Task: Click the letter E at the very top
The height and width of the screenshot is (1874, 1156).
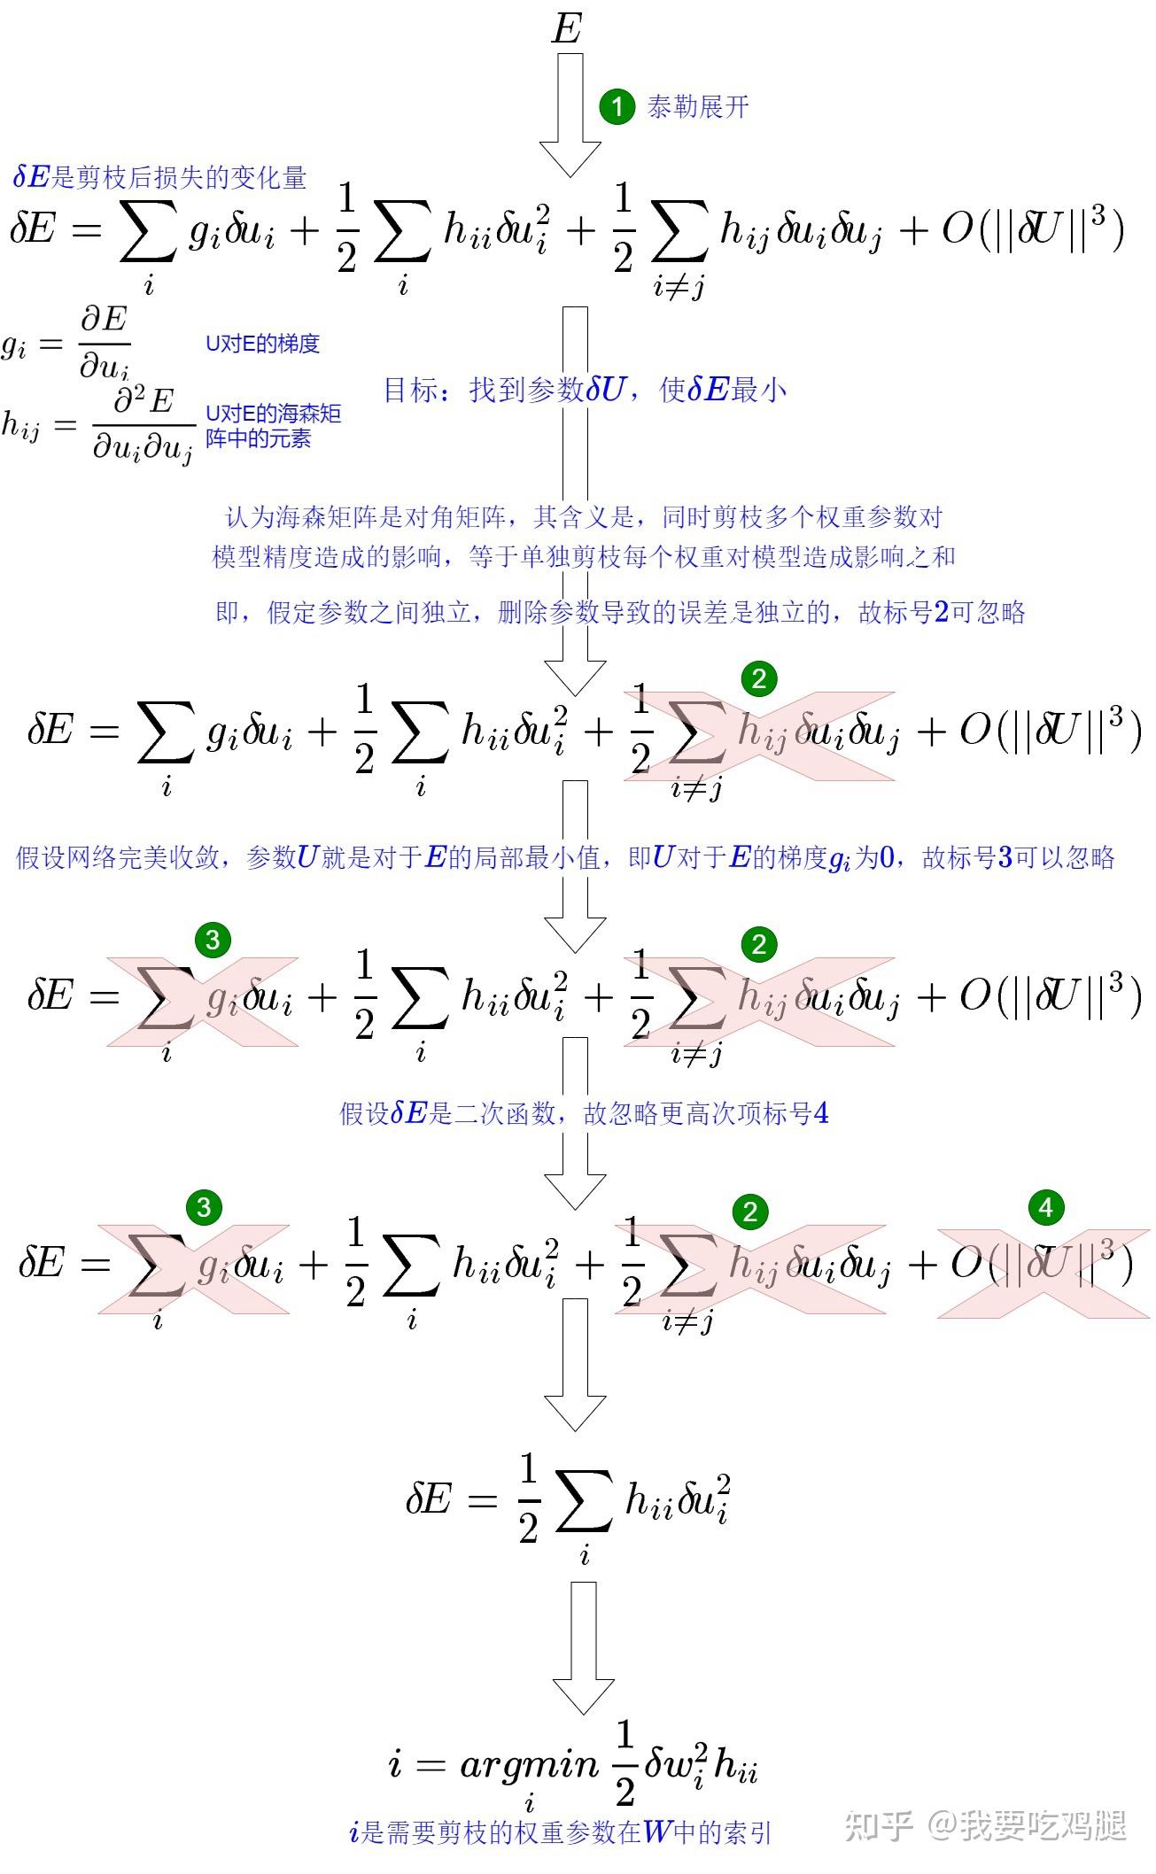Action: click(x=566, y=28)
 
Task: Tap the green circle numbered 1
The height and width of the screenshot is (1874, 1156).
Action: click(x=617, y=107)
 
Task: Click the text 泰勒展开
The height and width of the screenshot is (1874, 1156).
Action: click(x=698, y=107)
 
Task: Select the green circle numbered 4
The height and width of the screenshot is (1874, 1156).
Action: click(x=1045, y=1207)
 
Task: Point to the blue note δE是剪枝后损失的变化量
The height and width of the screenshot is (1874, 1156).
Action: click(x=159, y=178)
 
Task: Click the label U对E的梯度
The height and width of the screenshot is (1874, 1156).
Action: click(x=262, y=344)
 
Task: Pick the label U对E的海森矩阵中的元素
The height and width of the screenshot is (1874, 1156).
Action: click(x=273, y=426)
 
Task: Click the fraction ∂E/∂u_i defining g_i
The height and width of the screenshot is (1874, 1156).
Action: click(x=105, y=343)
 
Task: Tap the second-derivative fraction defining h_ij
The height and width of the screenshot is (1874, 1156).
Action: click(x=143, y=426)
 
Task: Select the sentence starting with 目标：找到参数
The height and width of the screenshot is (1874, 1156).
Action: click(x=585, y=390)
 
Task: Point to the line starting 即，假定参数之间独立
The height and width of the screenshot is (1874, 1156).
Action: click(x=620, y=612)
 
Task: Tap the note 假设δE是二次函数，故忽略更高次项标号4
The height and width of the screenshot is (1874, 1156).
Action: click(x=584, y=1113)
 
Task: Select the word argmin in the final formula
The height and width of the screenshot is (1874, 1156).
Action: click(x=529, y=1765)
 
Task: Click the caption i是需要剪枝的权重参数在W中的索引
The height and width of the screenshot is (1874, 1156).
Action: click(x=561, y=1831)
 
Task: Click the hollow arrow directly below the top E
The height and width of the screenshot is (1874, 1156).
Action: click(x=570, y=115)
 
